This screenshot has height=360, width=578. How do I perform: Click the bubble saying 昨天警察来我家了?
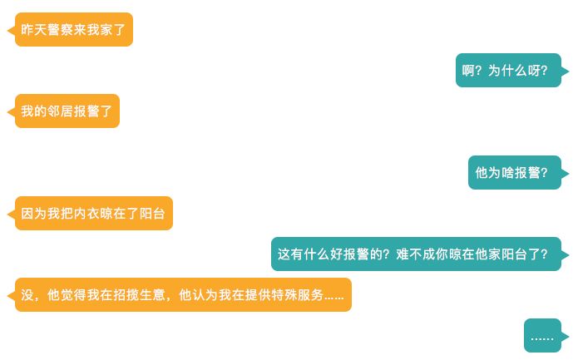[x=74, y=29]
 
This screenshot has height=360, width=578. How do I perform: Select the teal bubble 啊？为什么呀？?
[x=508, y=71]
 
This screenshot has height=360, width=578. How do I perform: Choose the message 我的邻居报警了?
[x=67, y=111]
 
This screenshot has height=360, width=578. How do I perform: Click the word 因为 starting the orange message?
[x=34, y=214]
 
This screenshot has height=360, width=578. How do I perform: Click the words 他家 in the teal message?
[x=494, y=254]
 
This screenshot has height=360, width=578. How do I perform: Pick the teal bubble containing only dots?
[x=542, y=336]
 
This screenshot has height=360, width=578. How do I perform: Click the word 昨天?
[x=34, y=29]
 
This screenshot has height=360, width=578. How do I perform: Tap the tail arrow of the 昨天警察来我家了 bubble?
[x=11, y=30]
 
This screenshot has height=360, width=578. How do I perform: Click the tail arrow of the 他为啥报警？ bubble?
[x=566, y=173]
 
